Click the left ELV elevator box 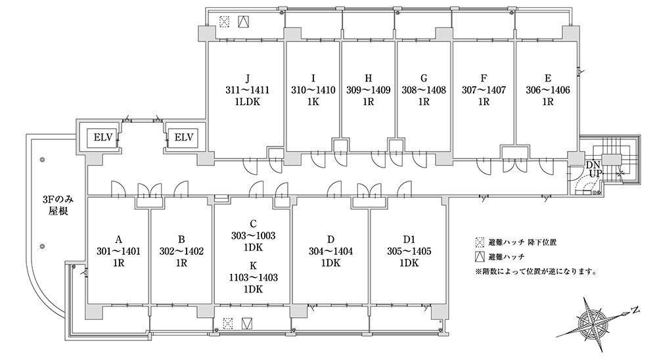click(102, 137)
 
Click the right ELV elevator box click(183, 137)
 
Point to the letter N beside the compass click(635, 310)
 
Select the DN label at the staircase click(593, 165)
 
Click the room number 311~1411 click(247, 90)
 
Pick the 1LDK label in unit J click(247, 102)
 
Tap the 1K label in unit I click(313, 102)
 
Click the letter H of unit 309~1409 click(369, 78)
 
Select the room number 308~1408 click(424, 90)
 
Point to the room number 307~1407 click(484, 90)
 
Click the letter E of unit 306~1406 click(548, 78)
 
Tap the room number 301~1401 click(118, 252)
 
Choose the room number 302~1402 click(181, 252)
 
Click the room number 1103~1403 click(253, 277)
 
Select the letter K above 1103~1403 click(253, 265)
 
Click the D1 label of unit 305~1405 click(409, 240)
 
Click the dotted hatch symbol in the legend click(480, 242)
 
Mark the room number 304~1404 click(330, 252)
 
